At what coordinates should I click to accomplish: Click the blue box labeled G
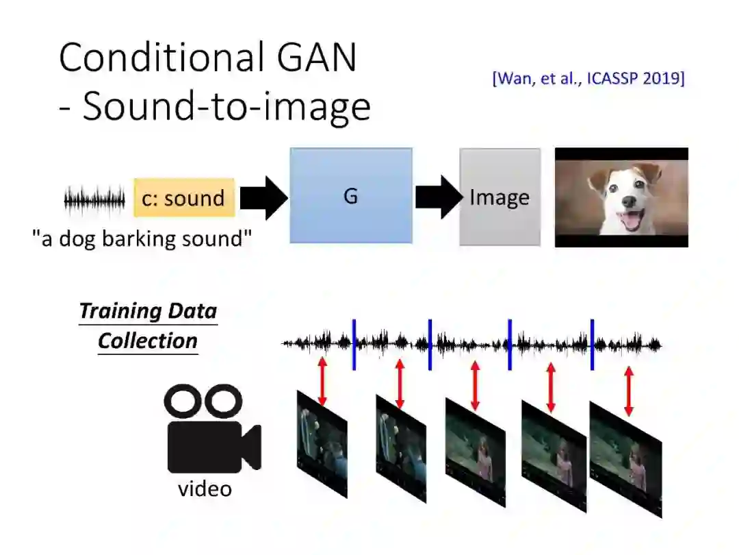(x=351, y=195)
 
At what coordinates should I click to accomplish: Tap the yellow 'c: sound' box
(x=184, y=198)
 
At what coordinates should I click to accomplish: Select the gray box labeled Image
(x=500, y=197)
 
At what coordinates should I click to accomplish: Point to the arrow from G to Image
(x=438, y=197)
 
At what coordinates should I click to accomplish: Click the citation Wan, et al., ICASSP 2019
(x=588, y=78)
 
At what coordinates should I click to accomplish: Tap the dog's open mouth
(x=628, y=221)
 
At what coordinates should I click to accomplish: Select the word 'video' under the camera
(x=205, y=489)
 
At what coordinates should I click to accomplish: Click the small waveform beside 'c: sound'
(x=94, y=200)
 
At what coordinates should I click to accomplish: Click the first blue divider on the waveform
(x=354, y=344)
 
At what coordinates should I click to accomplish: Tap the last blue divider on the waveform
(x=592, y=344)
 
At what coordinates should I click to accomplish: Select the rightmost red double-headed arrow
(x=629, y=391)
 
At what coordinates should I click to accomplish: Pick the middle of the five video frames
(x=475, y=452)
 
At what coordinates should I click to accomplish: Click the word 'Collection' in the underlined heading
(x=147, y=341)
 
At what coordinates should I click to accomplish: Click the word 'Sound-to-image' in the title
(x=226, y=107)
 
